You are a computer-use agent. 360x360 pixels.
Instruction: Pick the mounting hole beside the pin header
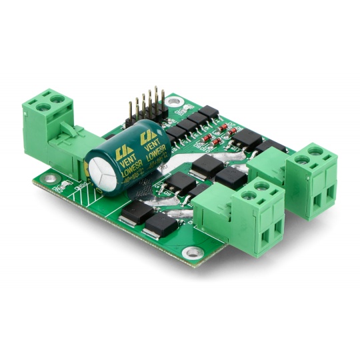click(174, 102)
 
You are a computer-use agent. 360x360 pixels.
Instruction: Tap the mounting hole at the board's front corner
click(193, 252)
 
